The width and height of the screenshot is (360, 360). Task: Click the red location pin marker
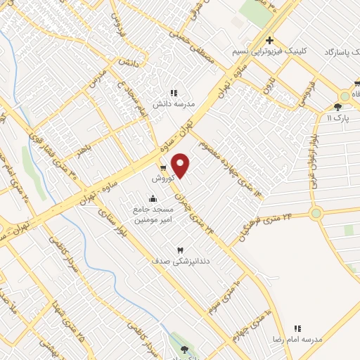(x=181, y=165)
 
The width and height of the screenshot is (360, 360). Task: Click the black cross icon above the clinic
(x=269, y=40)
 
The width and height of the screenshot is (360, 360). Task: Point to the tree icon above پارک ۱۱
(x=338, y=108)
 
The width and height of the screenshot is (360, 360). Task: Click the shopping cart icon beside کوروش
(x=163, y=167)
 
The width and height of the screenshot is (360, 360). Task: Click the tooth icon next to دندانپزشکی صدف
(x=179, y=250)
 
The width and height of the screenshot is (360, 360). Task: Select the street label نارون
(x=267, y=86)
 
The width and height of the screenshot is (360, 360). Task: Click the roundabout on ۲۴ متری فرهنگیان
(x=315, y=213)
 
